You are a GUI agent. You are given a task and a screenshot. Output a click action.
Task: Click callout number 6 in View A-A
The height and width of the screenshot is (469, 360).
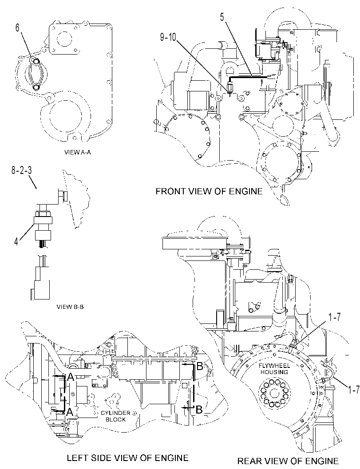click(17, 28)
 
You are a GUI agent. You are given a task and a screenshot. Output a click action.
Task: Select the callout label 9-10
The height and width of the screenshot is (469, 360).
click(168, 37)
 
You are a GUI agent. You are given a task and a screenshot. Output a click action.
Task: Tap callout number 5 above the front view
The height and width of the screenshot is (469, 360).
click(222, 17)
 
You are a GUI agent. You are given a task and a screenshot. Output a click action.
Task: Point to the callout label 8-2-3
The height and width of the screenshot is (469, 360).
click(22, 170)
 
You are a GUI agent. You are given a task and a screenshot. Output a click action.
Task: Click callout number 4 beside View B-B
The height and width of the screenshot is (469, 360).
click(16, 241)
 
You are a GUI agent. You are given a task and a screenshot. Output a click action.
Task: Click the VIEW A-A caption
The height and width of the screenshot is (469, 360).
click(78, 152)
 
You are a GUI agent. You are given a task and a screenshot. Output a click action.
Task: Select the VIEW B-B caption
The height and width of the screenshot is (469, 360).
click(70, 307)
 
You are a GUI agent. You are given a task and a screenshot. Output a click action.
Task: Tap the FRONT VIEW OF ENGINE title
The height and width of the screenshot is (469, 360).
click(209, 191)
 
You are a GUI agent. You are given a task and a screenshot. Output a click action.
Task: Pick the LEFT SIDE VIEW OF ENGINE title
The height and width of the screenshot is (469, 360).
click(127, 457)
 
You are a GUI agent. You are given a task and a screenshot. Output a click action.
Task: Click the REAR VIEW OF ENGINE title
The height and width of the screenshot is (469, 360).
click(288, 461)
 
